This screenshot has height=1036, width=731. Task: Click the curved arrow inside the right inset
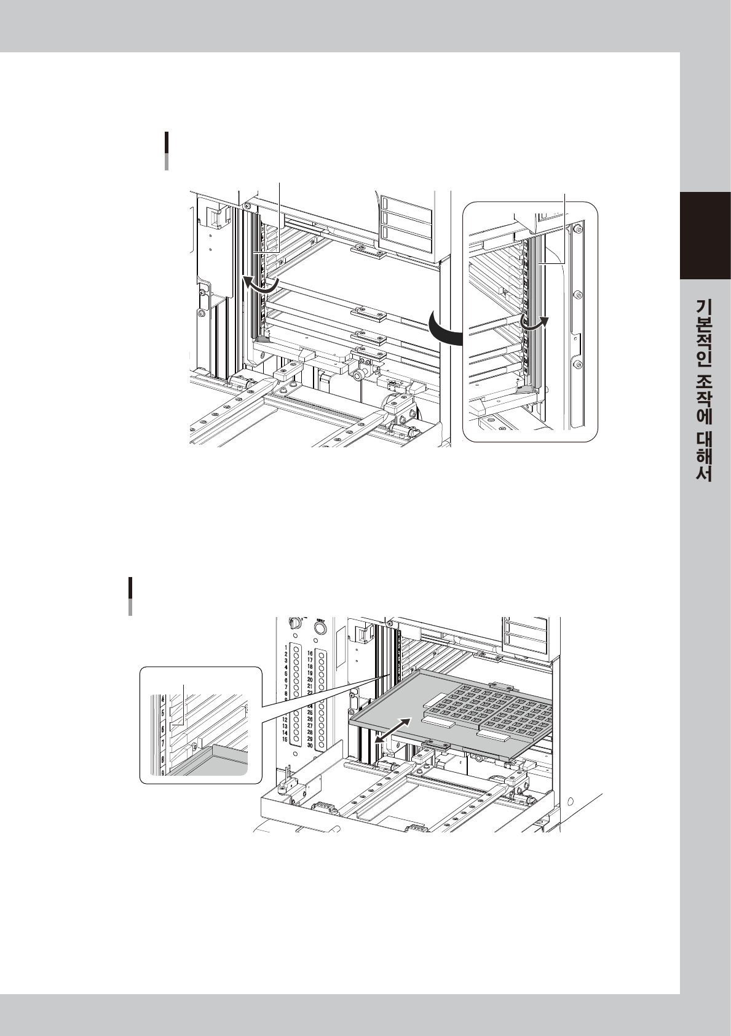pos(534,321)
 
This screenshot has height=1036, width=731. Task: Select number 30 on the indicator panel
pos(310,746)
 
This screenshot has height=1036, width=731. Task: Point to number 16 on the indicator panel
pos(310,653)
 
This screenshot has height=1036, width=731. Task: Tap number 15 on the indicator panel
pos(285,739)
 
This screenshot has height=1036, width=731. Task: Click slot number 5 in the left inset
pos(162,713)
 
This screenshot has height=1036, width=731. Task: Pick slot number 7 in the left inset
pos(162,744)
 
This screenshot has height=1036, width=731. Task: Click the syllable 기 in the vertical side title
pos(705,308)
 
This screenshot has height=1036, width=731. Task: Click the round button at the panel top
pos(320,628)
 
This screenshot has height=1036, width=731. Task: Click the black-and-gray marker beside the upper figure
pos(167,150)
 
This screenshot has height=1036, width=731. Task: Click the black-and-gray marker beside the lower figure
pos(130,596)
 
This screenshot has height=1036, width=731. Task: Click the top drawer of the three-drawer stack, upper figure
pos(406,203)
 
